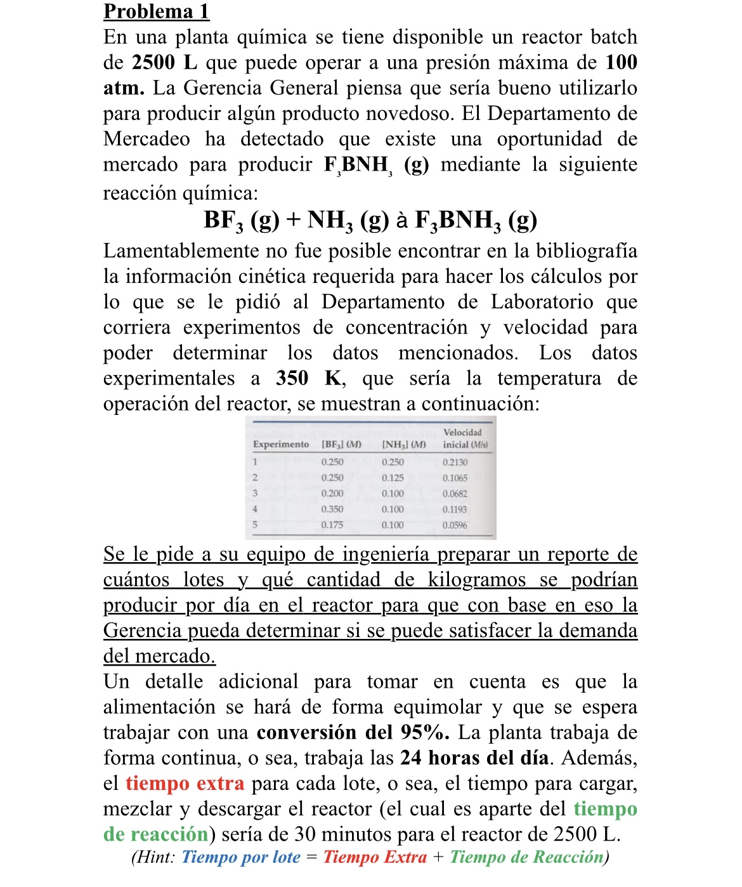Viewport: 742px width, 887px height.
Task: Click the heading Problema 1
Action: click(x=156, y=11)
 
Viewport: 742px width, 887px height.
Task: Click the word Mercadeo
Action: click(x=146, y=139)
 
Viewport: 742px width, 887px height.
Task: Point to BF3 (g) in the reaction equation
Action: click(x=241, y=220)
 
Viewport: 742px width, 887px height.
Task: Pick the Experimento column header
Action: click(x=281, y=444)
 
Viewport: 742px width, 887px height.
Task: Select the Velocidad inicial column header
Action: click(x=465, y=438)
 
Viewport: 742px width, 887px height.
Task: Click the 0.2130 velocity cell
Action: click(x=455, y=463)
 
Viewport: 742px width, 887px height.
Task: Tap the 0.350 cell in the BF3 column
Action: click(x=332, y=509)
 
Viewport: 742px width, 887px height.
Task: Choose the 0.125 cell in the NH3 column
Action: click(x=393, y=478)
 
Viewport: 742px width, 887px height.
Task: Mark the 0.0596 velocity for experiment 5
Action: click(x=455, y=525)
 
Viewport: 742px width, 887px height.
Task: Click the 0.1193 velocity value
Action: click(x=455, y=509)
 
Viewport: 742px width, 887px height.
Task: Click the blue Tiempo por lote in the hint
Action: click(x=241, y=857)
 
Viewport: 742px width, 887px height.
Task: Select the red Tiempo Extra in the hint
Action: click(x=375, y=857)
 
